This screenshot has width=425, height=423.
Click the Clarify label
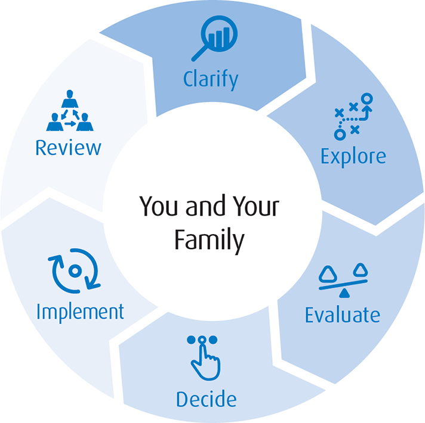pos(211,79)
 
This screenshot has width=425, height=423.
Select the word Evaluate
pos(342,315)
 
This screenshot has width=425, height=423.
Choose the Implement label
pos(80,311)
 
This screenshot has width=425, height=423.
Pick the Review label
pos(68,147)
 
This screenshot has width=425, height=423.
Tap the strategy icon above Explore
pos(353,116)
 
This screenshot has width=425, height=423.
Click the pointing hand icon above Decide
pos(203,357)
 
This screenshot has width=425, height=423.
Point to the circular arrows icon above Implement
pos(75,272)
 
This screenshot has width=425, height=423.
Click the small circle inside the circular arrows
pos(75,272)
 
